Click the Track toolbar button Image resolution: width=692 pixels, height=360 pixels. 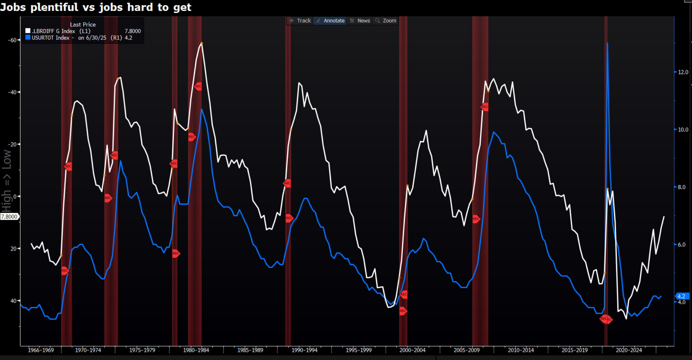pyautogui.click(x=300, y=21)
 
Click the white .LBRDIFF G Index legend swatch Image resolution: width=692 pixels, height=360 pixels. pyautogui.click(x=28, y=31)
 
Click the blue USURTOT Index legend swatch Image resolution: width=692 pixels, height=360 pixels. pyautogui.click(x=28, y=37)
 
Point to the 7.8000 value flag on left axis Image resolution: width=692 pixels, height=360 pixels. pyautogui.click(x=9, y=217)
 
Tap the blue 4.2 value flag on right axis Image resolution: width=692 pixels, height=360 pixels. pyautogui.click(x=681, y=296)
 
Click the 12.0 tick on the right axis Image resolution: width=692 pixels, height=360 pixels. pyautogui.click(x=683, y=72)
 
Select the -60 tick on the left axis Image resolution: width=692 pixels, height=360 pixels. pyautogui.click(x=12, y=40)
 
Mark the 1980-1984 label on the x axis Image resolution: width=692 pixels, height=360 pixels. pyautogui.click(x=196, y=350)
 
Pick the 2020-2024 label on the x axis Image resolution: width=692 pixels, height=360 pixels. pyautogui.click(x=629, y=350)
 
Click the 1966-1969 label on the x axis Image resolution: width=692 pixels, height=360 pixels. pyautogui.click(x=41, y=350)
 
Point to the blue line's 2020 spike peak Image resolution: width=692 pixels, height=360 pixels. pyautogui.click(x=607, y=43)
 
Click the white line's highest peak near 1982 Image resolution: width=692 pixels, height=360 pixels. pyautogui.click(x=201, y=43)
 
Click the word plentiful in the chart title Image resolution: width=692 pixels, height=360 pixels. pyautogui.click(x=54, y=7)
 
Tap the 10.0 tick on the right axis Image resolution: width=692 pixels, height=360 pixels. pyautogui.click(x=683, y=130)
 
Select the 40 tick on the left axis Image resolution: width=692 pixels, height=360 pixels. pyautogui.click(x=13, y=301)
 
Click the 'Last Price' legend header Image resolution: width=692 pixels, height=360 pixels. pyautogui.click(x=83, y=25)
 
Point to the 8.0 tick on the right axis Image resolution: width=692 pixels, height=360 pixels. pyautogui.click(x=681, y=187)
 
